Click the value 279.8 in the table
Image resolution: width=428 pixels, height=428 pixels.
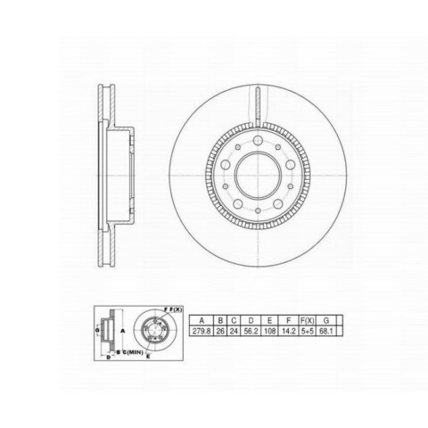pyautogui.click(x=202, y=331)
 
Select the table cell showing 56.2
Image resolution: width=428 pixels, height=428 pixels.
pyautogui.click(x=251, y=331)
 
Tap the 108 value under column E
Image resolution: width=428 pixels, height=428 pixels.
pyautogui.click(x=269, y=331)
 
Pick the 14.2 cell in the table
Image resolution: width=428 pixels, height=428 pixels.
pyautogui.click(x=288, y=331)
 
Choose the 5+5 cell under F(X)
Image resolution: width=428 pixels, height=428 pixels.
pyautogui.click(x=307, y=331)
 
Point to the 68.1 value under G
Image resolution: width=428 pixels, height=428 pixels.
pyautogui.click(x=325, y=331)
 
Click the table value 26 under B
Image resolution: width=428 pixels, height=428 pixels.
pyautogui.click(x=220, y=331)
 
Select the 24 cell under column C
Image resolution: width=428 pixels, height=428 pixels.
pyautogui.click(x=234, y=331)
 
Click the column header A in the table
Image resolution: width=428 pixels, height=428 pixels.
pyautogui.click(x=202, y=320)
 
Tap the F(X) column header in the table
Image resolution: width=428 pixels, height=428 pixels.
pyautogui.click(x=307, y=320)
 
